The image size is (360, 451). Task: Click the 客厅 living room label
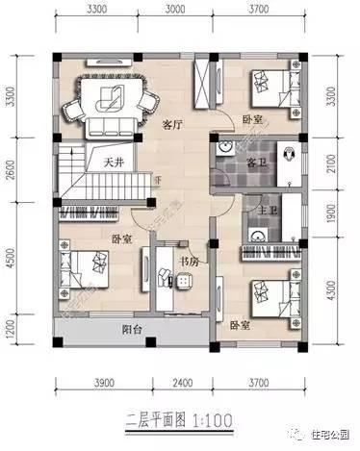pos(172,124)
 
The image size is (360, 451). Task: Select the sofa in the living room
pos(116,99)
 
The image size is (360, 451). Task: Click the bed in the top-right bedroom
pos(272,88)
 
